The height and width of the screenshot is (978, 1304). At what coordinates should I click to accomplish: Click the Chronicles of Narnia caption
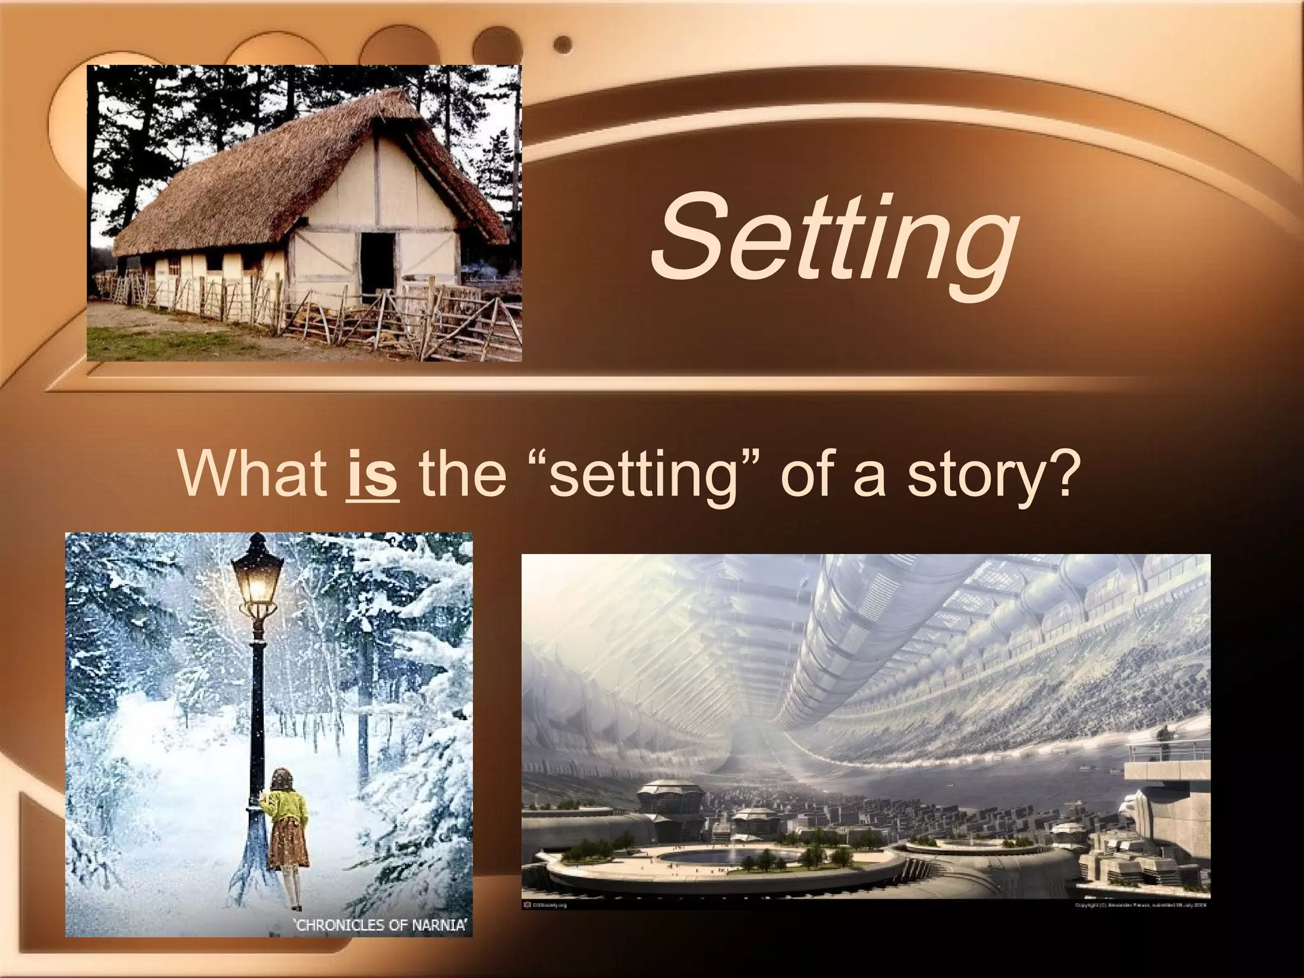(x=379, y=925)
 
